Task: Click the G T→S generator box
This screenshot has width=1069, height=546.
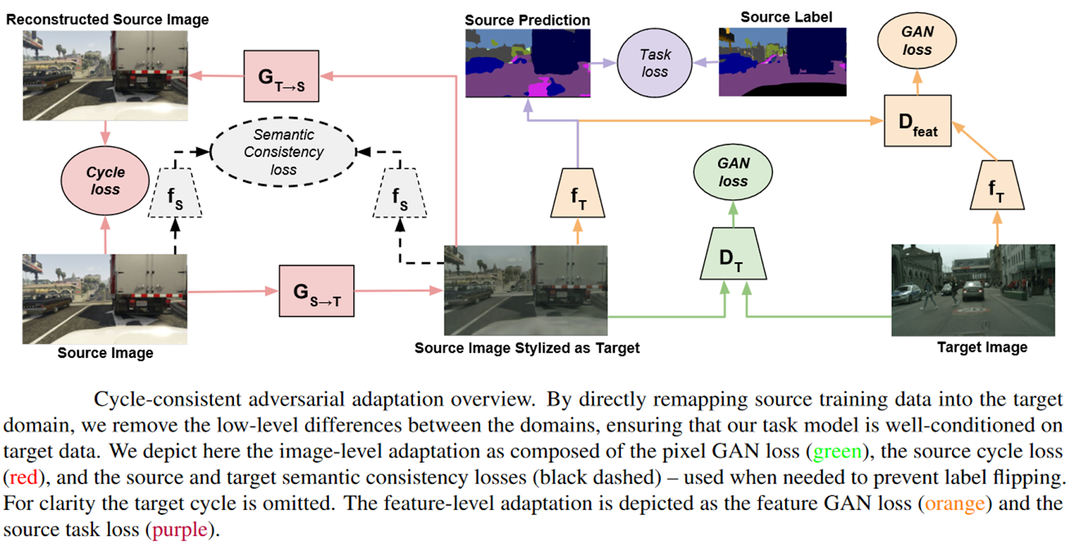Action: click(281, 76)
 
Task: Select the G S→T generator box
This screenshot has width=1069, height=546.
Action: click(316, 291)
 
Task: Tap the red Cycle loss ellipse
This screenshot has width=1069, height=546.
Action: click(105, 181)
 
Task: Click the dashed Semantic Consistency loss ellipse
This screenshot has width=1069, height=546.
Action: click(283, 152)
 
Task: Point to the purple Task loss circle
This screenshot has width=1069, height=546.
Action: click(654, 63)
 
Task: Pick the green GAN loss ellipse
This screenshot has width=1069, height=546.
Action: click(733, 172)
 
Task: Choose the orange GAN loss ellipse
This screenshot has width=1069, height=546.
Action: click(917, 41)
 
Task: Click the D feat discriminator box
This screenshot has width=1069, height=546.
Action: click(917, 121)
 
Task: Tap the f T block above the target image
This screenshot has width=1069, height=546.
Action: click(996, 186)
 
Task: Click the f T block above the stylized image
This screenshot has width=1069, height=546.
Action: click(577, 194)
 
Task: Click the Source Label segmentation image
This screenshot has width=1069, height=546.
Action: click(782, 62)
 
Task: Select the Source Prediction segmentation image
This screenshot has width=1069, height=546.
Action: click(527, 63)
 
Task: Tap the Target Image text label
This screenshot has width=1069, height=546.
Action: click(981, 347)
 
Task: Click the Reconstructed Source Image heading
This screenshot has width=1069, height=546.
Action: click(108, 19)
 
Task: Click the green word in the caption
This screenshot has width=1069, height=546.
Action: click(836, 452)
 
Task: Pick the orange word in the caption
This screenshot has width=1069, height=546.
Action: click(954, 503)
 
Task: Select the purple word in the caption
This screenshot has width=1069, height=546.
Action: click(180, 530)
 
